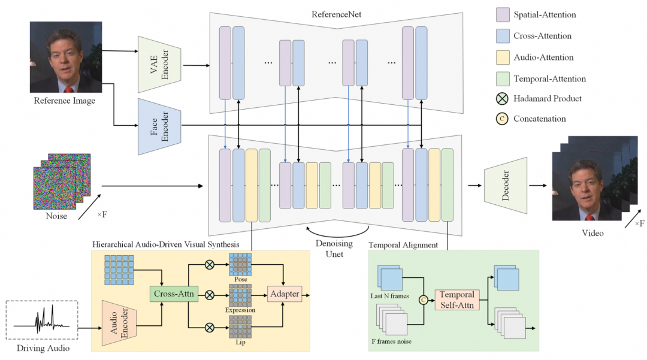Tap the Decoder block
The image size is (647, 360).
(x=504, y=185)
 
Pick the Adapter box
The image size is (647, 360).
(x=285, y=295)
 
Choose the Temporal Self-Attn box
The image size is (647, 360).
(x=457, y=300)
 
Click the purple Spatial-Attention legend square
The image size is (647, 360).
(x=502, y=14)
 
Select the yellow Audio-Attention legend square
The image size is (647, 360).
(x=502, y=58)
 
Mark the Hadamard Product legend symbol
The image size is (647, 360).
(x=502, y=98)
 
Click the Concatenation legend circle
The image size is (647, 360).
(x=502, y=119)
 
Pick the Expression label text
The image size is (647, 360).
(x=240, y=310)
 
